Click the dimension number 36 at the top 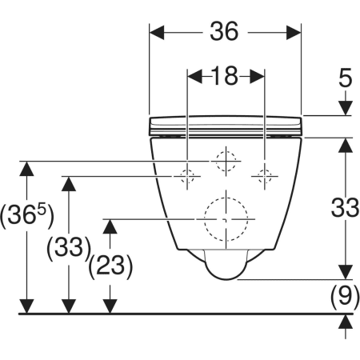click(224, 31)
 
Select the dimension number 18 click(224, 76)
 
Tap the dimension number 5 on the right click(346, 78)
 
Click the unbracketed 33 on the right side click(345, 207)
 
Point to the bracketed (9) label click(345, 297)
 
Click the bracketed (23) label click(110, 266)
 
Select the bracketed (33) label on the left click(69, 248)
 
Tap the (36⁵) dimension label click(27, 215)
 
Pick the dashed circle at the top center click(226, 151)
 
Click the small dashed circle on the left click(187, 170)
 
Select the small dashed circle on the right click(265, 170)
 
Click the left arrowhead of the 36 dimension click(157, 33)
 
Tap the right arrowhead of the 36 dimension click(294, 33)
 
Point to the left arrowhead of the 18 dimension click(195, 77)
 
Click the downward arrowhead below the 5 click(346, 108)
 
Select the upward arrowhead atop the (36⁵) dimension click(26, 169)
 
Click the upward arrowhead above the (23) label click(110, 226)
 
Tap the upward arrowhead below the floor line click(346, 322)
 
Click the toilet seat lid click(226, 126)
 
